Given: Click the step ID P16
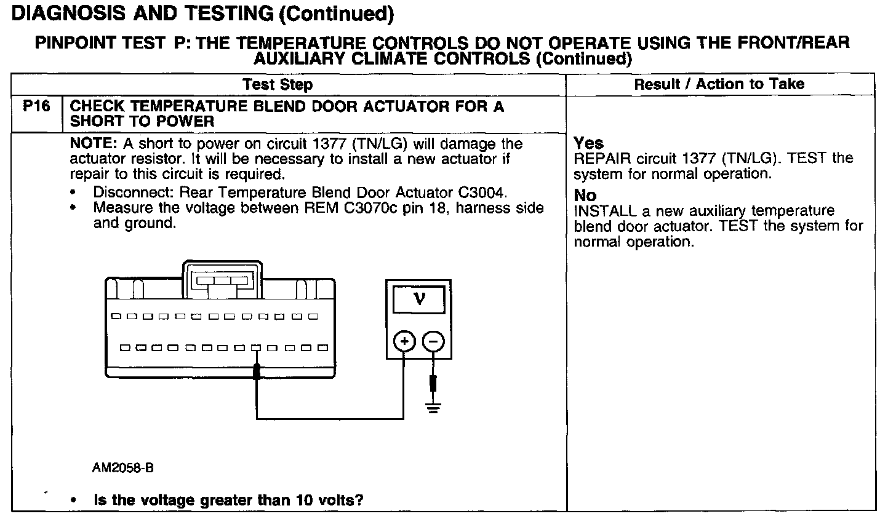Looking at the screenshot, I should (36, 106).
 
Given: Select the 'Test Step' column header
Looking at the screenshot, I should (278, 85).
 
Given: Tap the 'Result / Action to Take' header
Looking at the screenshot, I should (719, 84).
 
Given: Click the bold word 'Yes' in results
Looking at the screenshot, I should (589, 143).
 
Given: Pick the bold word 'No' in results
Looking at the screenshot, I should (585, 196).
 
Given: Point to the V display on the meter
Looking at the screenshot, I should (420, 299).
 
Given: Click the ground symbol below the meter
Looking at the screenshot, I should (433, 406).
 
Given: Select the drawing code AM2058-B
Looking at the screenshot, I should (122, 468).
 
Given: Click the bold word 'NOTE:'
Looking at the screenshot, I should (94, 144).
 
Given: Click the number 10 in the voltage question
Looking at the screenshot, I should (303, 500).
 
